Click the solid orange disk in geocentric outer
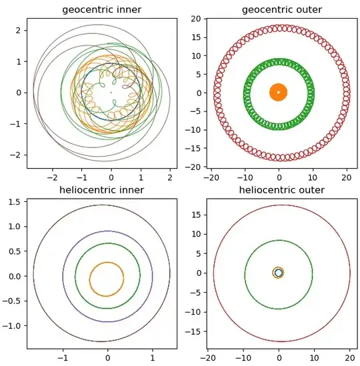tap(279, 93)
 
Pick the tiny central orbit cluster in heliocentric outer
tap(279, 273)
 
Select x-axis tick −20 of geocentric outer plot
tap(212, 177)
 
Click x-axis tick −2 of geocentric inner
tap(53, 177)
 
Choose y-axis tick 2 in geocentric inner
tap(20, 31)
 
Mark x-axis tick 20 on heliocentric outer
tap(347, 358)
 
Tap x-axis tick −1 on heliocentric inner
tap(63, 358)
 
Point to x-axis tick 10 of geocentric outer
tap(313, 177)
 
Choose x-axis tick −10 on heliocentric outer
tap(244, 358)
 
